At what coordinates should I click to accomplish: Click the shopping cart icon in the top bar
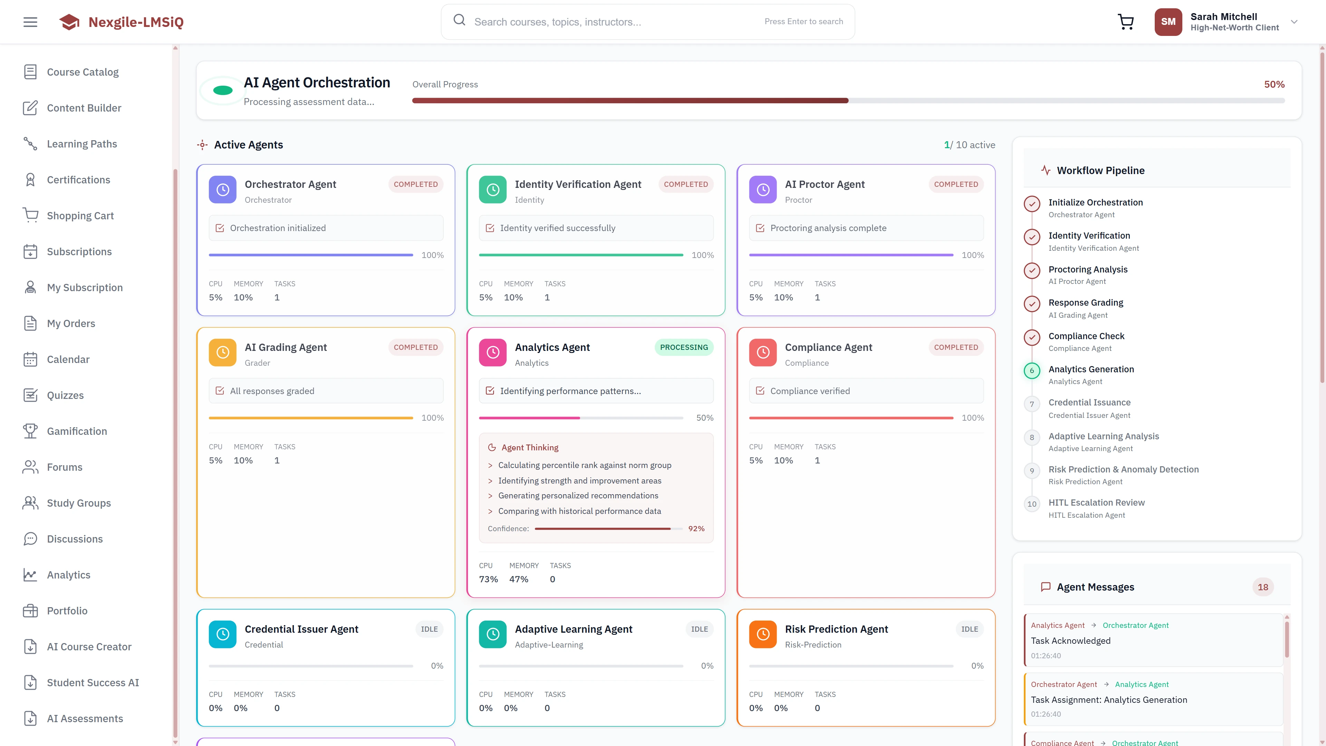click(x=1126, y=22)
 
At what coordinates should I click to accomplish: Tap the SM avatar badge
click(x=1168, y=22)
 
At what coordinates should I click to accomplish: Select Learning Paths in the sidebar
click(x=82, y=144)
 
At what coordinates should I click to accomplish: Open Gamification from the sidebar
click(x=77, y=431)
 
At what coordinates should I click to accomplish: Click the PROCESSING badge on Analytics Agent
click(x=684, y=347)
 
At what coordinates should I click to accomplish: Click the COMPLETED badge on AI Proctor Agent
click(x=956, y=184)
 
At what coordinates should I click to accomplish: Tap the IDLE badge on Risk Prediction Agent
click(x=969, y=629)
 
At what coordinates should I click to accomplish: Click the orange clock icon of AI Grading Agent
click(x=222, y=353)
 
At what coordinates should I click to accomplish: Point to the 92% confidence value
click(x=696, y=529)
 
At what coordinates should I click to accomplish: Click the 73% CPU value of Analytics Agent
click(x=488, y=579)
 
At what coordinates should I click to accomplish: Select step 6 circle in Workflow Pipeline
click(x=1031, y=371)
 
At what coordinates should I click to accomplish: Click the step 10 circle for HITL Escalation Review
click(x=1031, y=504)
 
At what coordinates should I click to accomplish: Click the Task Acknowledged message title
click(x=1070, y=640)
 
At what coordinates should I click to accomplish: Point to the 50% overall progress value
click(x=1274, y=84)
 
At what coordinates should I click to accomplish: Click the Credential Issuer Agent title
click(x=301, y=629)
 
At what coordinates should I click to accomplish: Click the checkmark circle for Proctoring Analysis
click(x=1031, y=271)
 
